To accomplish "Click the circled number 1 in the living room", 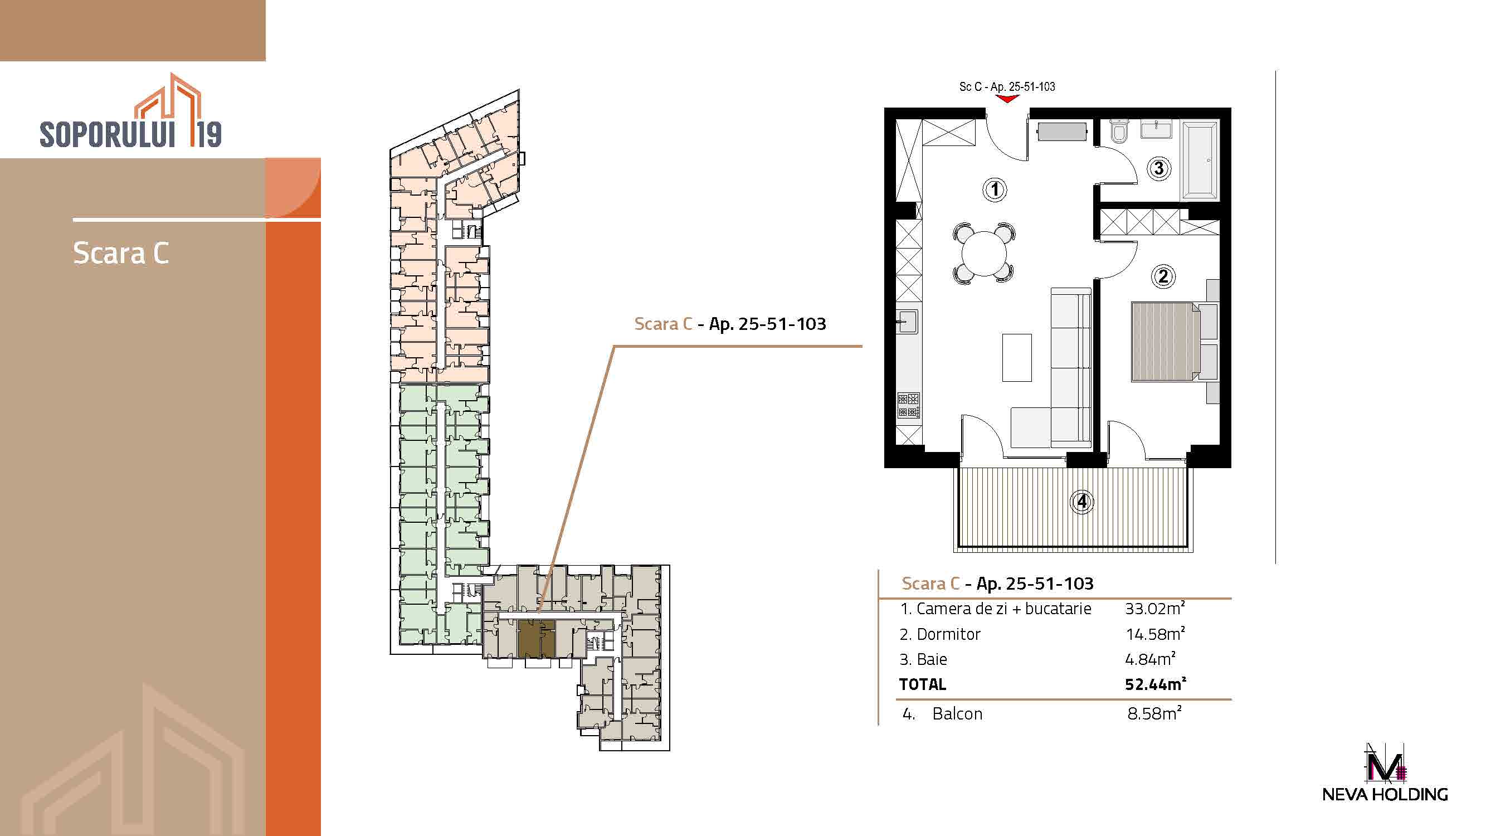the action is pos(995,189).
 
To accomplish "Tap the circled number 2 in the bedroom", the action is pos(1163,276).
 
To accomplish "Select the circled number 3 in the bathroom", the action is pos(1158,168).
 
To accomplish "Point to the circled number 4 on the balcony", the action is pos(1081,502).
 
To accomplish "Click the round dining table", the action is pos(983,253).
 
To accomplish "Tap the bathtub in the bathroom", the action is pos(1200,160).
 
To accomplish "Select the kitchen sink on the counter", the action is pos(908,322).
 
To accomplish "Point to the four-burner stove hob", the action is pos(909,405).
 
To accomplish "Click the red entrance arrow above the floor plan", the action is pos(1007,99).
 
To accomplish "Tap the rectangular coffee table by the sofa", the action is pos(1016,357).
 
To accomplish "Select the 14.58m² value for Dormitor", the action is pos(1155,634).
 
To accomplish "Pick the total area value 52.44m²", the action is pos(1155,684).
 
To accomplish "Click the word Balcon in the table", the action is pos(957,714).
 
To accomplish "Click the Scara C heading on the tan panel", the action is pos(121,253).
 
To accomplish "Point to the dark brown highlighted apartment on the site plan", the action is pos(537,639).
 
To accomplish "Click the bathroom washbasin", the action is pos(1156,129).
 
